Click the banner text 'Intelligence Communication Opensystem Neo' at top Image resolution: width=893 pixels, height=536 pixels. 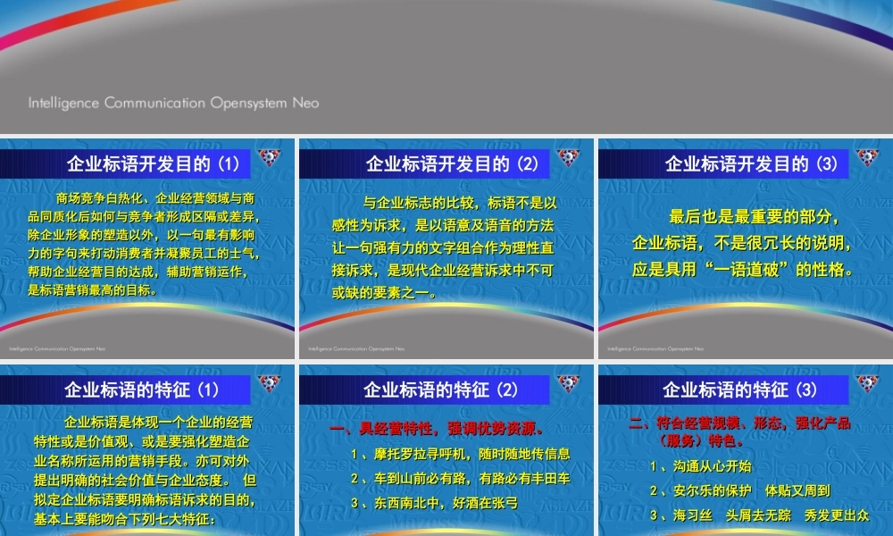[173, 103]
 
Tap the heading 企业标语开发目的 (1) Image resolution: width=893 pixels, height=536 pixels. [154, 163]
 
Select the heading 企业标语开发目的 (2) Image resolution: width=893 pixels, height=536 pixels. [453, 163]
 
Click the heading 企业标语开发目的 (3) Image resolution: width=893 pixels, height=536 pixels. [752, 163]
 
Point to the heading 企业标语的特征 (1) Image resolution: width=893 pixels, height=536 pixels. [142, 389]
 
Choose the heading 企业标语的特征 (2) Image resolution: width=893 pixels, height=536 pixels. [441, 389]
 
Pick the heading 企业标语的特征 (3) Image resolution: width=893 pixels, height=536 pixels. [740, 389]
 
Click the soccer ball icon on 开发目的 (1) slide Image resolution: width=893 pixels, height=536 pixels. [269, 158]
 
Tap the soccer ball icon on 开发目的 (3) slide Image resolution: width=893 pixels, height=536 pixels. [867, 158]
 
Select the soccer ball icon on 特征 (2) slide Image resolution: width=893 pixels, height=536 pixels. [568, 384]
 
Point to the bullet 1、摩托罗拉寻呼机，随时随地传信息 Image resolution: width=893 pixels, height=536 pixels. [460, 454]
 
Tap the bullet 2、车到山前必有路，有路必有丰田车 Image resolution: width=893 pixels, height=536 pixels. [460, 479]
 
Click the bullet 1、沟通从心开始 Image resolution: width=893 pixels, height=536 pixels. [700, 466]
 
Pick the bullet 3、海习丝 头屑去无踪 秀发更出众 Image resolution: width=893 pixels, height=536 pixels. [759, 515]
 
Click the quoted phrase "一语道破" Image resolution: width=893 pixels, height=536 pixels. [751, 270]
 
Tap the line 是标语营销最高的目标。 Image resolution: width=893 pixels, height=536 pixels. [93, 289]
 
